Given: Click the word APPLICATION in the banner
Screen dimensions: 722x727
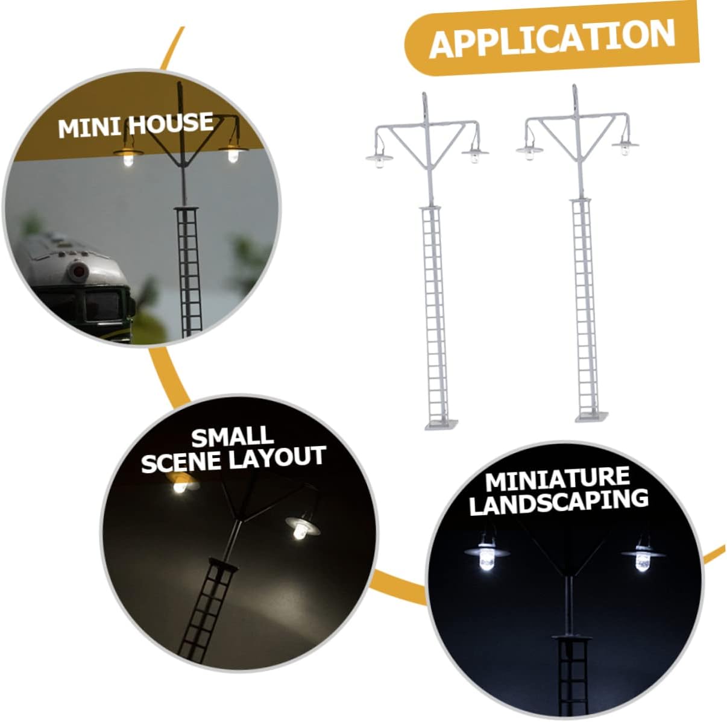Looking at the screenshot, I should pos(552,39).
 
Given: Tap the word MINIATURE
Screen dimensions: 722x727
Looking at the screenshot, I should pos(557,479).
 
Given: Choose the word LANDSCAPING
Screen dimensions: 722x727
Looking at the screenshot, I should pos(558,501).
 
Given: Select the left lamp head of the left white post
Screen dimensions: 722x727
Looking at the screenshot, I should pos(379,159).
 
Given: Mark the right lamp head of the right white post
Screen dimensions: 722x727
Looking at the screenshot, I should pos(625,145).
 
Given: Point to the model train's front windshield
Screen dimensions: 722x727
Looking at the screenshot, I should pos(102,308).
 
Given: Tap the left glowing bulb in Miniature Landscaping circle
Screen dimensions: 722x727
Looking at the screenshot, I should pos(486,555).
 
